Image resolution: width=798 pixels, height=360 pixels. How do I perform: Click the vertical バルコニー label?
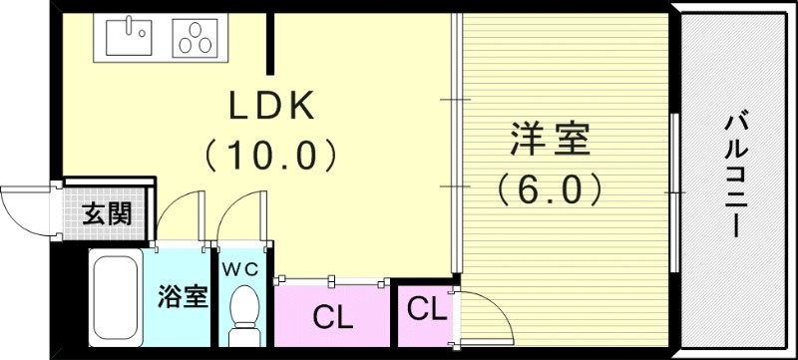[737, 176]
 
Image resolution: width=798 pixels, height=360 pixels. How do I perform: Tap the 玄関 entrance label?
[105, 214]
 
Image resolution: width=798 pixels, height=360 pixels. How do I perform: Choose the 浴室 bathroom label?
[183, 298]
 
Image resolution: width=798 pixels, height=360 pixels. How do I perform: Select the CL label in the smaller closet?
[426, 308]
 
